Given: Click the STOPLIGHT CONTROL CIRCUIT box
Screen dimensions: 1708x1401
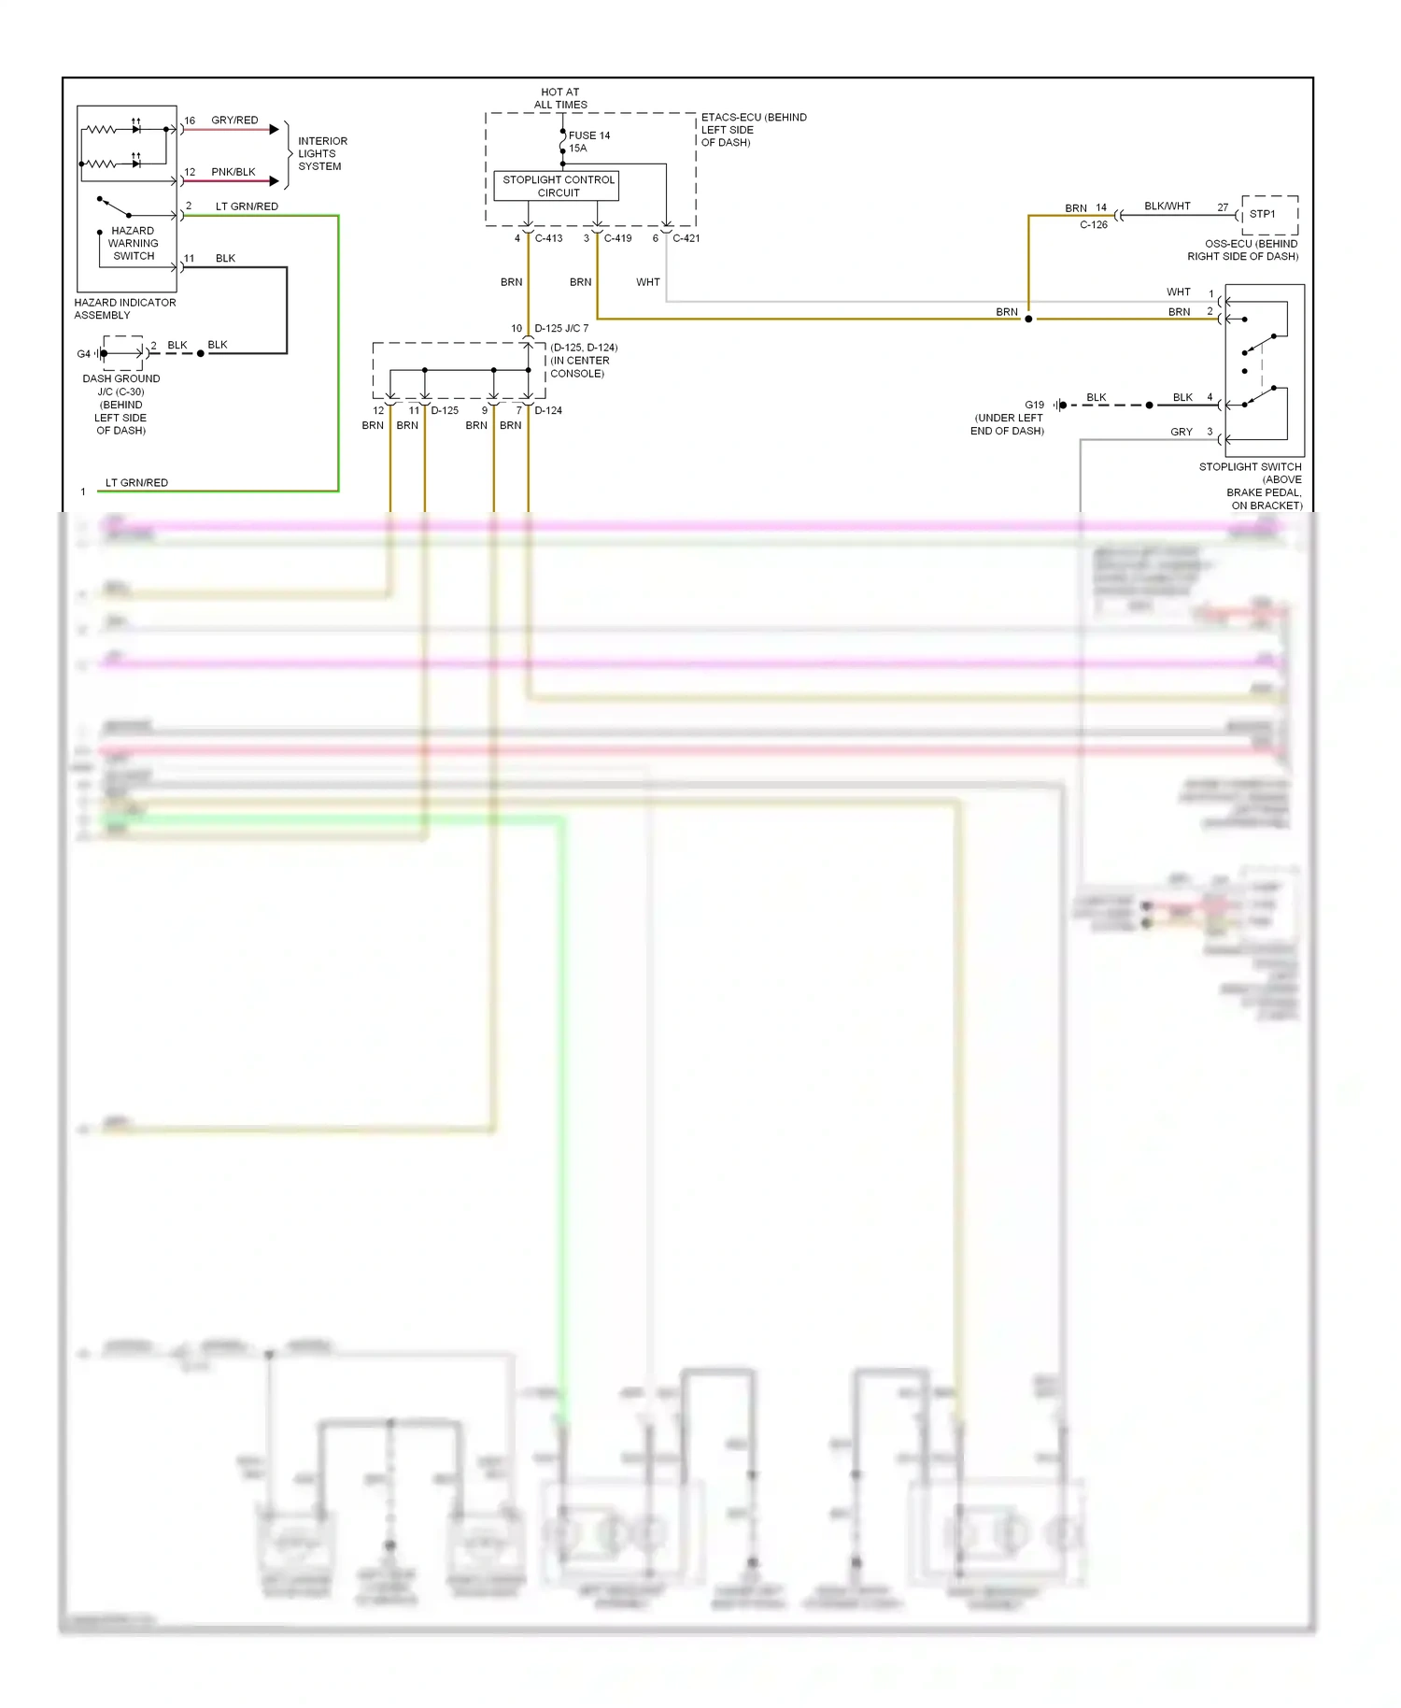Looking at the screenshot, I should tap(558, 186).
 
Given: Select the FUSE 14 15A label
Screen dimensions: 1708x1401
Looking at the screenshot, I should tap(588, 142).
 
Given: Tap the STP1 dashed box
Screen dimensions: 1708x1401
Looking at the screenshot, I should tap(1268, 215).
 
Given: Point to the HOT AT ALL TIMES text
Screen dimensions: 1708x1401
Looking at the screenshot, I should tap(560, 98).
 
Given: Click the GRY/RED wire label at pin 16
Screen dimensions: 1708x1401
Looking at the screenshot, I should tap(234, 121).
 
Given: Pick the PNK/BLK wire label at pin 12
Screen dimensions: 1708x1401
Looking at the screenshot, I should tap(233, 172).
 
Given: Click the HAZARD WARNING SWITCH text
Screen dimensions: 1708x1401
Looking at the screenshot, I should tap(134, 243).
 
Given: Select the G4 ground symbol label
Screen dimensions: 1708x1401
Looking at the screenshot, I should tap(83, 354).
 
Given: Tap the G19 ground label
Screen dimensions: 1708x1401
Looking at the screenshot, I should tap(1034, 406).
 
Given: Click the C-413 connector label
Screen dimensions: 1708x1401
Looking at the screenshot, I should tap(548, 238).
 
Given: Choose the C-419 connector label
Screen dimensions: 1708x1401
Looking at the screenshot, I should tap(617, 238).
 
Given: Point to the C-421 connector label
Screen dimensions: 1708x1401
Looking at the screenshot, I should tap(686, 238).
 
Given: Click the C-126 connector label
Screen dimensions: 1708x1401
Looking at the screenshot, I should tap(1093, 225).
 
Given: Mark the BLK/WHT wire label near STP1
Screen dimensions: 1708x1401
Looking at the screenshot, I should tap(1167, 206).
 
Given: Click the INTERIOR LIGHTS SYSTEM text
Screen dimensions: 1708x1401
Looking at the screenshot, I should tap(321, 153).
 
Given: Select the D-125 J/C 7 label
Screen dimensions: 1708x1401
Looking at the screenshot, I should tap(560, 329).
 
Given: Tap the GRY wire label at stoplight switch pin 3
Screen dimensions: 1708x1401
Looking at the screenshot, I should tap(1181, 432).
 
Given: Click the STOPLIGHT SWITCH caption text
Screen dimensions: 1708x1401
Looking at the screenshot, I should tap(1250, 467).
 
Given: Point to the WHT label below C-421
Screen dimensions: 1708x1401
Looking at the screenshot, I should tap(647, 282).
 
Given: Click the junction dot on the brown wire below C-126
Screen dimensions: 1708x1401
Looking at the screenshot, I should tap(1028, 320).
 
